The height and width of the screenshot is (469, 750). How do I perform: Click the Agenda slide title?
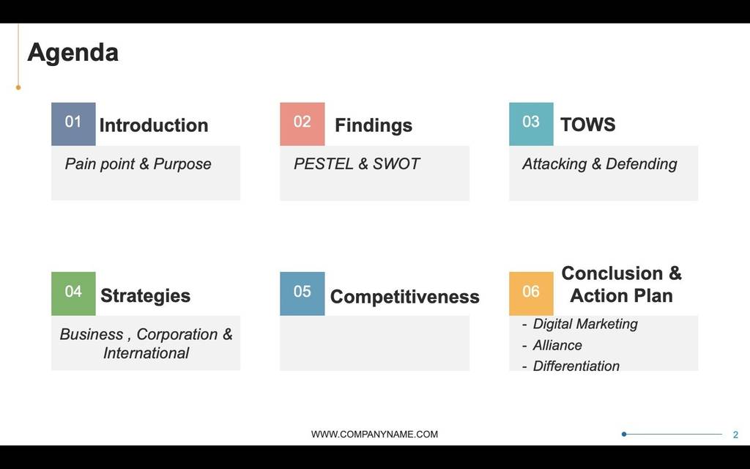click(73, 53)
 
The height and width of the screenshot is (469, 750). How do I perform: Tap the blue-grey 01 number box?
click(73, 124)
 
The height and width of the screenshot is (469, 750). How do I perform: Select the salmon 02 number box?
click(302, 124)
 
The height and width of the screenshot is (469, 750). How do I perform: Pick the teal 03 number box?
click(531, 124)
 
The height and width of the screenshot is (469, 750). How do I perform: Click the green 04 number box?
click(73, 294)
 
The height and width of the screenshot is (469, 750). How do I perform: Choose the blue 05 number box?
click(302, 294)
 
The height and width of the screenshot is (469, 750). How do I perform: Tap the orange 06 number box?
click(531, 294)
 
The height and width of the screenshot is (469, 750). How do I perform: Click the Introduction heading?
click(154, 125)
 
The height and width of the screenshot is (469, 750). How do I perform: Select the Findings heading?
click(374, 125)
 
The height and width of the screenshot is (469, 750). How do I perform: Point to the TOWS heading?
click(588, 125)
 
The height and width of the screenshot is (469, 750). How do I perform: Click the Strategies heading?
click(146, 296)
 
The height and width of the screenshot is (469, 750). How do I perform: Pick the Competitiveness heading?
click(404, 297)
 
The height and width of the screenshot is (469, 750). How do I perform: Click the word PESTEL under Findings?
click(324, 163)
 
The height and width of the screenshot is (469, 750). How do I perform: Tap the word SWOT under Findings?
click(396, 163)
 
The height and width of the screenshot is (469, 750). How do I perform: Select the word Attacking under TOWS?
click(554, 164)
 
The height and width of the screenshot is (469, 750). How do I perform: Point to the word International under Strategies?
click(146, 353)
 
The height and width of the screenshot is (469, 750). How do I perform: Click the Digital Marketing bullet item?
click(585, 324)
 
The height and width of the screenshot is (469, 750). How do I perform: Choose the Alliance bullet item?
click(557, 345)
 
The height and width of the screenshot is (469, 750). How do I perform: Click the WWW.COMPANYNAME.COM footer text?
click(374, 434)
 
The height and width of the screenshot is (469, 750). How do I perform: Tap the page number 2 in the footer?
click(735, 435)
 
